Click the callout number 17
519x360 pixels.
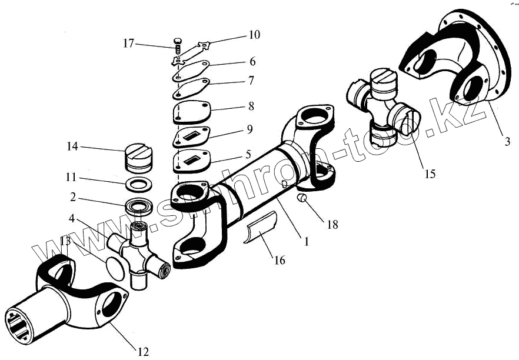[x=129, y=43]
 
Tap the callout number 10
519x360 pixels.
[x=254, y=35]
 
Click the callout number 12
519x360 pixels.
[x=143, y=352]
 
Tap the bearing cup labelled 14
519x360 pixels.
[x=139, y=158]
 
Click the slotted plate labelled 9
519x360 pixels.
[x=192, y=137]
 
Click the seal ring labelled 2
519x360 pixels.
[x=139, y=208]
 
